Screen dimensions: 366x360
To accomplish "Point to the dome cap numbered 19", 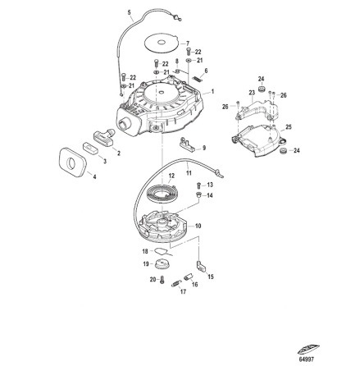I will click(x=161, y=265).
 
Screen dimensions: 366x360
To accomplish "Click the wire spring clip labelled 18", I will click(x=159, y=252).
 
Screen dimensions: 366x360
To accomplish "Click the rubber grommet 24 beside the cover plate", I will click(x=284, y=151).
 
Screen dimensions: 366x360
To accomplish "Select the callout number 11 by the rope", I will click(x=189, y=173).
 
